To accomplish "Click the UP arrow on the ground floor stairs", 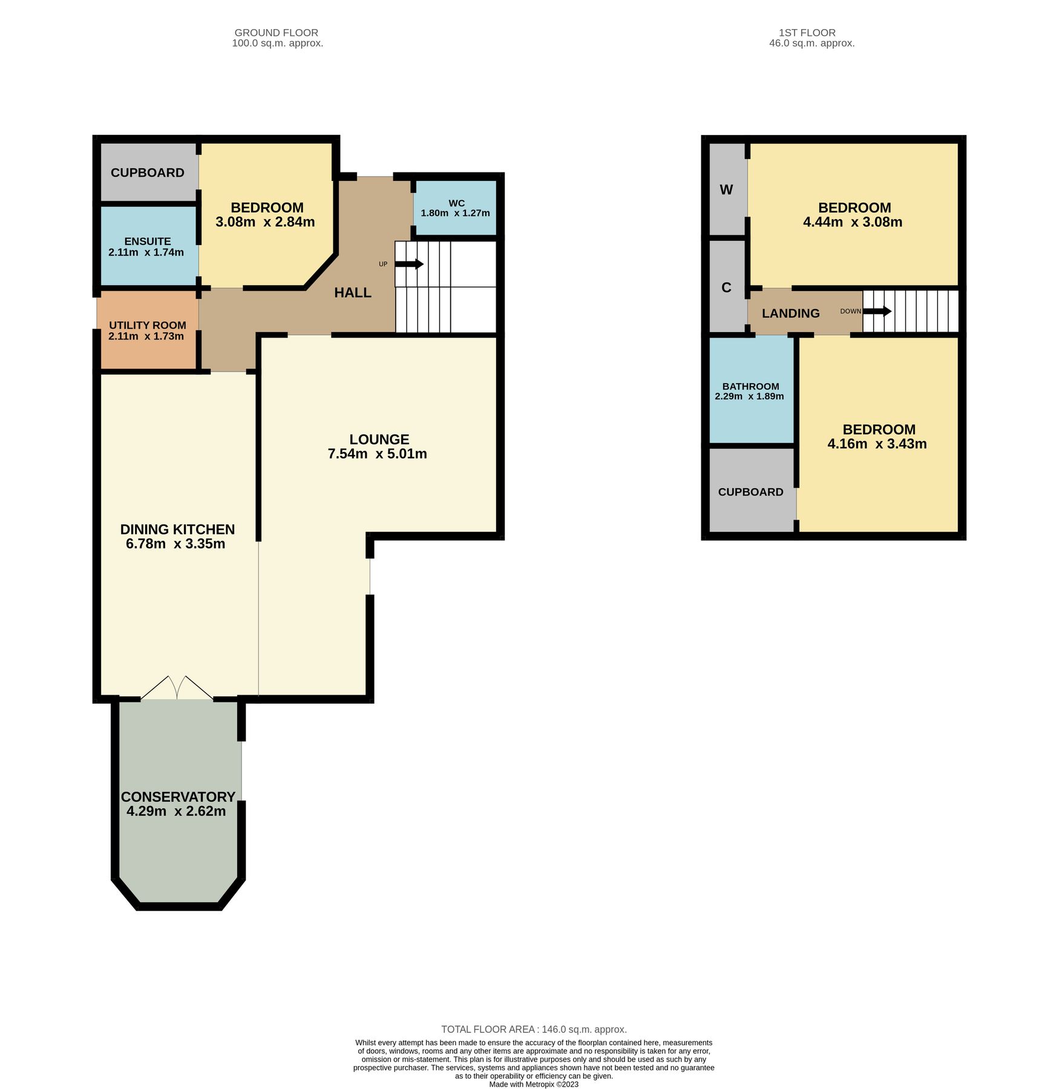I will pyautogui.click(x=409, y=264).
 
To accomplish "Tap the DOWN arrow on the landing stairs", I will pyautogui.click(x=877, y=311).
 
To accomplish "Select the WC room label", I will pyautogui.click(x=456, y=203).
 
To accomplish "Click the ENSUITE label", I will pyautogui.click(x=147, y=241).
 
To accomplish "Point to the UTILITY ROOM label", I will pyautogui.click(x=147, y=325).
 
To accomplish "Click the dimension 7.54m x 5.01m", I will pyautogui.click(x=377, y=454).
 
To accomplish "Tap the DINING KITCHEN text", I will pyautogui.click(x=177, y=529).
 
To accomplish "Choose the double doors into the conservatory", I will pyautogui.click(x=177, y=688).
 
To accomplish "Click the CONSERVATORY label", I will pyautogui.click(x=177, y=797).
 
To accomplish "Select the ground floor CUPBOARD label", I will pyautogui.click(x=147, y=173).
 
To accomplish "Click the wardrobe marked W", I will pyautogui.click(x=726, y=190).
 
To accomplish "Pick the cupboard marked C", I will pyautogui.click(x=726, y=288).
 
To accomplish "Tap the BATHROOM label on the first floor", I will pyautogui.click(x=750, y=387).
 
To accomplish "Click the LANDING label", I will pyautogui.click(x=790, y=313).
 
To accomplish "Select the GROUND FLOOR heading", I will pyautogui.click(x=276, y=33).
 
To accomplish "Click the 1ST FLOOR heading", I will pyautogui.click(x=807, y=33).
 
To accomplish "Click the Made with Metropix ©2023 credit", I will pyautogui.click(x=533, y=1084).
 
